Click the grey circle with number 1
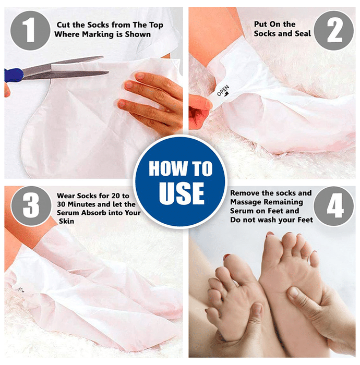coord(30,30)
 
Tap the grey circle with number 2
coord(334,30)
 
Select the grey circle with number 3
coord(31,206)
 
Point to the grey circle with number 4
coord(334,206)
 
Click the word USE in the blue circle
coord(182,193)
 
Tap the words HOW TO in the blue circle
coord(181,168)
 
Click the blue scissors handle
coord(14,75)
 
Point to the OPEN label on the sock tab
coord(223,91)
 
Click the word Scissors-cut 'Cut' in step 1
coord(63,25)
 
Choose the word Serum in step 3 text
coord(67,213)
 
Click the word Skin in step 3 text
coord(66,221)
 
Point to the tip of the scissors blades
coord(109,72)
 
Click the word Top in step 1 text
coord(156,25)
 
